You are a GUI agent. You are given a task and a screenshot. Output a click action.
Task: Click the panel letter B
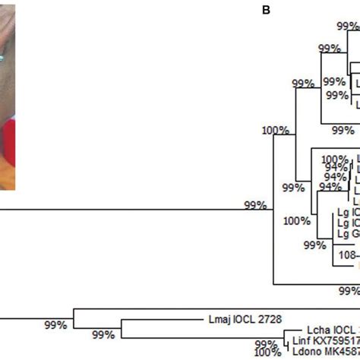(x=266, y=10)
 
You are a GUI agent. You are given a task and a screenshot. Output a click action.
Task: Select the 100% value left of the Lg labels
(x=297, y=222)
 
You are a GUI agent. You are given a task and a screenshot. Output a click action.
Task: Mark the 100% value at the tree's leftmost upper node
(x=276, y=130)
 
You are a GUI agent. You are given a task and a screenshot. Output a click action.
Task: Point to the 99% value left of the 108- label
(x=314, y=245)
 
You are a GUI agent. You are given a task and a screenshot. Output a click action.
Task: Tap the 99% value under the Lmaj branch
(x=104, y=334)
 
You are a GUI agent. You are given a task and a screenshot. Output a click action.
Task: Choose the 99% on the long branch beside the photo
(x=254, y=205)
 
